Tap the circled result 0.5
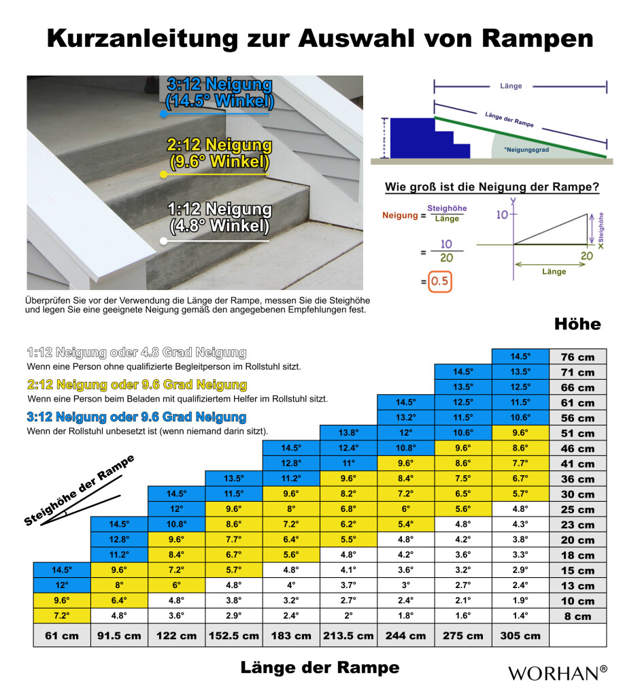pyautogui.click(x=439, y=282)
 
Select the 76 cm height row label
pyautogui.click(x=577, y=357)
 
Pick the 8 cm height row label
pyautogui.click(x=577, y=617)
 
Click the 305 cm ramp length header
pyautogui.click(x=520, y=636)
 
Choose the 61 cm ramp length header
pyautogui.click(x=62, y=636)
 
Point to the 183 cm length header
pyautogui.click(x=291, y=636)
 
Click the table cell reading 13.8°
pyautogui.click(x=348, y=433)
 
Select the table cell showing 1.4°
pyautogui.click(x=520, y=616)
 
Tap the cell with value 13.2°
pyautogui.click(x=405, y=417)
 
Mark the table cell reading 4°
pyautogui.click(x=291, y=585)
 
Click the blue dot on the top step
pyautogui.click(x=164, y=114)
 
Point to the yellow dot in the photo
pyautogui.click(x=163, y=175)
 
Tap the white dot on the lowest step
pyautogui.click(x=163, y=241)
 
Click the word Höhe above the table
pyautogui.click(x=577, y=324)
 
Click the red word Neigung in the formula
pyautogui.click(x=399, y=214)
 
